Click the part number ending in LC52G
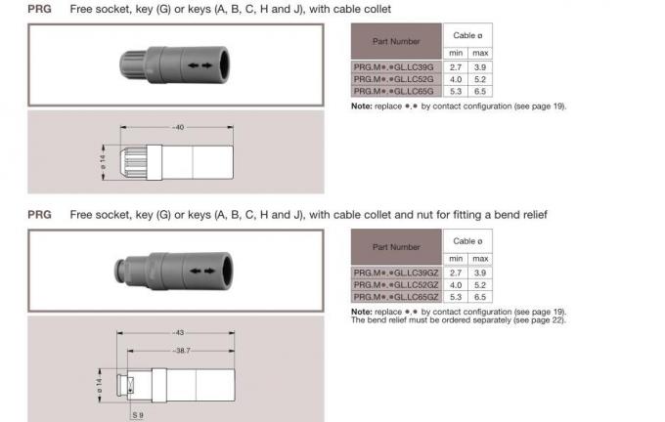pyautogui.click(x=396, y=80)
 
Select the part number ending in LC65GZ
pyautogui.click(x=396, y=296)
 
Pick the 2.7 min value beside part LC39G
pyautogui.click(x=456, y=67)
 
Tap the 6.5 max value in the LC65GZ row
pyautogui.click(x=480, y=296)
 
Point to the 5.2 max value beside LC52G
pyautogui.click(x=480, y=80)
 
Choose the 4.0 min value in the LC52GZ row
pyautogui.click(x=456, y=284)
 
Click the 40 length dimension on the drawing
pyautogui.click(x=178, y=128)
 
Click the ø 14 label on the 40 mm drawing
pyautogui.click(x=102, y=160)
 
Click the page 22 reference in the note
pyautogui.click(x=547, y=319)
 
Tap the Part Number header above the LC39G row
pyautogui.click(x=396, y=42)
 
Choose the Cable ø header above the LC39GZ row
pyautogui.click(x=467, y=240)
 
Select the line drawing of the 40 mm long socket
pyautogui.click(x=176, y=160)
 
